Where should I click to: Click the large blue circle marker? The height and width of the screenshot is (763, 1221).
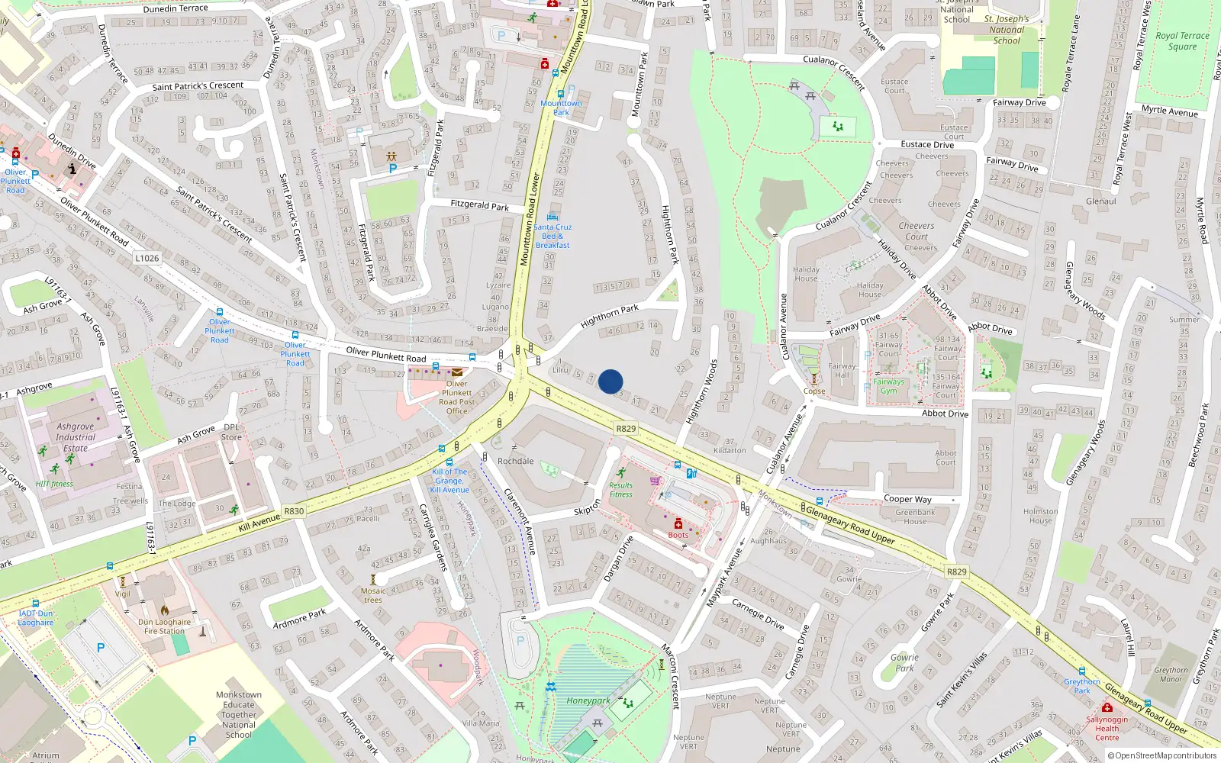coord(610,381)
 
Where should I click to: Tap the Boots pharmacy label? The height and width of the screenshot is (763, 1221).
coord(678,535)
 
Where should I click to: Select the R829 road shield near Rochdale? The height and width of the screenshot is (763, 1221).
coord(626,429)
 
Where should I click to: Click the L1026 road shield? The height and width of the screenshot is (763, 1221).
coord(147,258)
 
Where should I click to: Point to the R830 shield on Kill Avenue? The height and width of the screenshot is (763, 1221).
coord(294,511)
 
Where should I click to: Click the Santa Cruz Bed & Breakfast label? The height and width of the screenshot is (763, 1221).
coord(553,236)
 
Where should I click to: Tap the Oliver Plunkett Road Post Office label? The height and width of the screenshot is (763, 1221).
coord(456,398)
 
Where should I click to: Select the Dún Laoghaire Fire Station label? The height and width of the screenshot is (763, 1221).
coord(161,626)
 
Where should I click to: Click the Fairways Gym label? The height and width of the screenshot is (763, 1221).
coord(888,386)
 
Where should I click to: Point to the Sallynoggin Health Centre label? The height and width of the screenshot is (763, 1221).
coord(1107,728)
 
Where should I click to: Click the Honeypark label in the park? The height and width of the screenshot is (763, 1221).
coord(588,700)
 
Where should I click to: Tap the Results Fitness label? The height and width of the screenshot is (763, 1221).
coord(620,489)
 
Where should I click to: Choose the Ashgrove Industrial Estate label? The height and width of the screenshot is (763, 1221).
coord(75,437)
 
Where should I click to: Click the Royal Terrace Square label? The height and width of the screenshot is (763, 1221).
coord(1182,40)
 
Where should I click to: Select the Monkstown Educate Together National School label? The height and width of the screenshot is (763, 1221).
coord(238,715)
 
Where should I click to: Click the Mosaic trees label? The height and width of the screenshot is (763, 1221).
coord(373,595)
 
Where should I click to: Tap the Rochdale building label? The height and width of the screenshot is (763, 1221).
coord(515,461)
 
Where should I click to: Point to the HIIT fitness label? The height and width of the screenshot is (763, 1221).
coord(54,484)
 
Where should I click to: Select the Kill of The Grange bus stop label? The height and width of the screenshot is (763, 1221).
coord(449,481)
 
